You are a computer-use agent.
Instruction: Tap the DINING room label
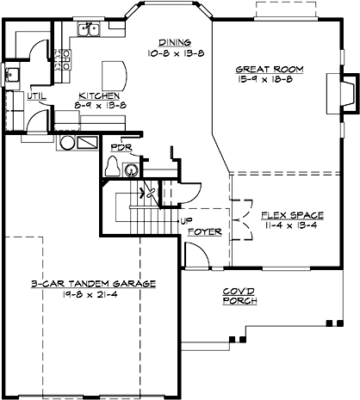[x=172, y=40]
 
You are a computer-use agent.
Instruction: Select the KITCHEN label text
[x=99, y=95]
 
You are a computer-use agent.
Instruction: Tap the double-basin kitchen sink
[x=89, y=32]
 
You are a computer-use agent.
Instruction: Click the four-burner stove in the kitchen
[x=62, y=58]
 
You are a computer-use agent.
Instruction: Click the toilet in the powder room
[x=112, y=169]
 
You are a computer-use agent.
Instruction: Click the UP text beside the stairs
[x=185, y=220]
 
